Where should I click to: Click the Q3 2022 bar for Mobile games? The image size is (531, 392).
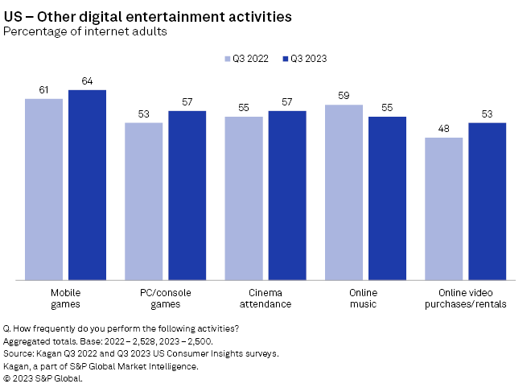tap(43, 189)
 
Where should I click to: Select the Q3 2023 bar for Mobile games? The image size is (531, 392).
tap(87, 185)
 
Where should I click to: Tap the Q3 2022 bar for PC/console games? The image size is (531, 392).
tap(143, 201)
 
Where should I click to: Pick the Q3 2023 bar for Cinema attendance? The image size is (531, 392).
tap(286, 196)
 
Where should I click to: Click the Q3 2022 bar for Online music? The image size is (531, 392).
tap(344, 192)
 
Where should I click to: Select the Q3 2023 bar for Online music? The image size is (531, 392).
tap(387, 198)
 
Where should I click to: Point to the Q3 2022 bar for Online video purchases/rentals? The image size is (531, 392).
tap(443, 208)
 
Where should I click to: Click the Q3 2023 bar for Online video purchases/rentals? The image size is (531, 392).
tap(487, 201)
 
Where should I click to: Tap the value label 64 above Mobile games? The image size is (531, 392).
tap(87, 81)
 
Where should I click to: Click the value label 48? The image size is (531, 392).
tap(443, 129)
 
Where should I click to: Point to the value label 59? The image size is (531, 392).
tap(344, 96)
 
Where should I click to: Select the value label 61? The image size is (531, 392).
tap(43, 90)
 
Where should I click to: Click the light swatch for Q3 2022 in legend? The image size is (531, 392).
tap(227, 59)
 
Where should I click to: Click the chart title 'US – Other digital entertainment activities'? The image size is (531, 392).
tap(149, 16)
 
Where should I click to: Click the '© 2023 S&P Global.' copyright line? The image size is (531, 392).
tap(43, 378)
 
